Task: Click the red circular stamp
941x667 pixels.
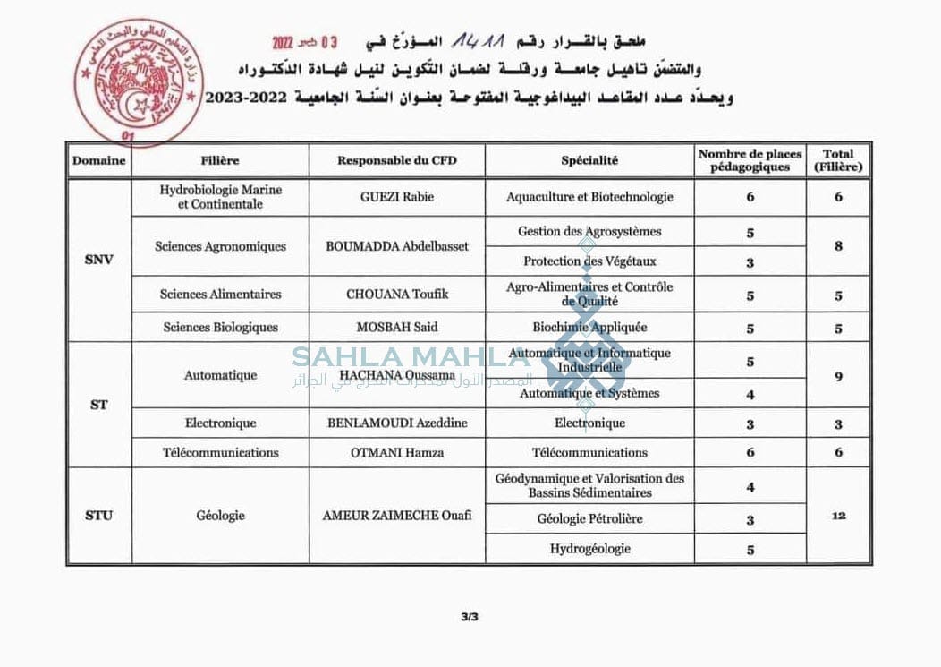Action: pos(130,82)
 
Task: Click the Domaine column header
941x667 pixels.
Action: pos(99,161)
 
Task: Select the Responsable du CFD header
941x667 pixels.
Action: pos(397,161)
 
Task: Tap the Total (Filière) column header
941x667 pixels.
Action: pos(838,160)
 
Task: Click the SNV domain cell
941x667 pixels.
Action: pos(99,261)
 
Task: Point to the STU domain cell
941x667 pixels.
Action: pos(99,516)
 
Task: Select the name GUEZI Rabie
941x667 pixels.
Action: pos(397,197)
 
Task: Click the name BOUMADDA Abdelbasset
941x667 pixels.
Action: pos(397,246)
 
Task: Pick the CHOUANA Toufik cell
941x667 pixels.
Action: pos(397,294)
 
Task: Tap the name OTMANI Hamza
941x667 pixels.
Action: pos(397,453)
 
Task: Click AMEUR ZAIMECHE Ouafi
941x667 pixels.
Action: pos(397,516)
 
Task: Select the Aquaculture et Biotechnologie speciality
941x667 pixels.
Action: pos(589,197)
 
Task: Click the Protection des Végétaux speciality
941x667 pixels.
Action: pos(589,261)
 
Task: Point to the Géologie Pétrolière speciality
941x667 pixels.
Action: pos(589,518)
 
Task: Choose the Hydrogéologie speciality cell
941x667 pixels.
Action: pos(589,549)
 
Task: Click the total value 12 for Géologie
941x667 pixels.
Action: pos(838,516)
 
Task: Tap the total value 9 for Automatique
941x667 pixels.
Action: pos(838,377)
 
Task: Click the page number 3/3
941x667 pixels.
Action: pos(470,617)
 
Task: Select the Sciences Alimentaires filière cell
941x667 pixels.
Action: pos(220,294)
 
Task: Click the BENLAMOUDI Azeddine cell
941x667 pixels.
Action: pos(397,423)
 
